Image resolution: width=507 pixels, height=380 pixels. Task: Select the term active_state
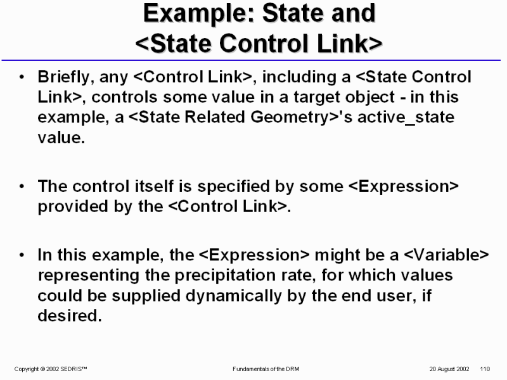(406, 117)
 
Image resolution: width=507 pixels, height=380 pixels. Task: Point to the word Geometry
(290, 118)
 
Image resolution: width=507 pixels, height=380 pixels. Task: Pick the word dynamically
(234, 296)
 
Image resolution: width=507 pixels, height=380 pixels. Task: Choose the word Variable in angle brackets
(447, 255)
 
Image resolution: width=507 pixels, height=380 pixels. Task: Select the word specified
(233, 187)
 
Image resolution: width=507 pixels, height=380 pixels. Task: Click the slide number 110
(485, 369)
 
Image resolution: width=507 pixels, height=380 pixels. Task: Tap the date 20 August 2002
(449, 369)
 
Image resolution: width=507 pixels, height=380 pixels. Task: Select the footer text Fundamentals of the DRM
(266, 369)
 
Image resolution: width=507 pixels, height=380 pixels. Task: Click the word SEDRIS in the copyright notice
(74, 369)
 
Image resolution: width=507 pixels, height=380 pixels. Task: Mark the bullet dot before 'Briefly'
(22, 77)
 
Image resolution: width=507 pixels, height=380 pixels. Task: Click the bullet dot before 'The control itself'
(22, 186)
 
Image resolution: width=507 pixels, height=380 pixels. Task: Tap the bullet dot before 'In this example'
(22, 255)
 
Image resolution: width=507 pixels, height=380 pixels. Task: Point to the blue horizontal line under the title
(251, 60)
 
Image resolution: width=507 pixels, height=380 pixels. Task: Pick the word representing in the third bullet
(89, 275)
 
